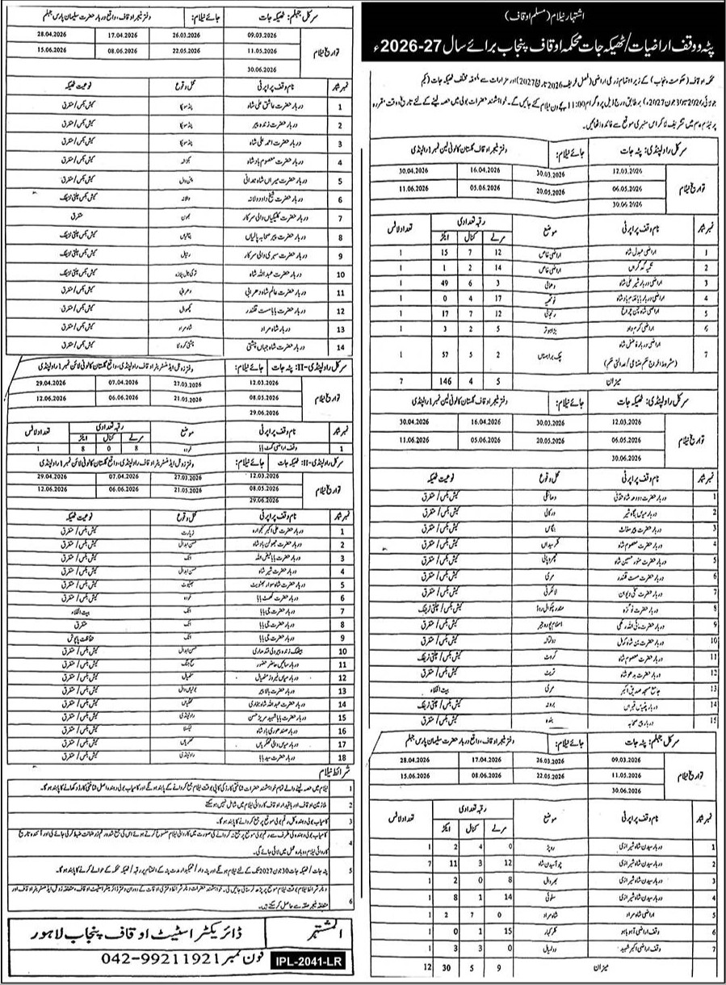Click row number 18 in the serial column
(x=343, y=758)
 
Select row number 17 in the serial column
(x=343, y=744)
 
